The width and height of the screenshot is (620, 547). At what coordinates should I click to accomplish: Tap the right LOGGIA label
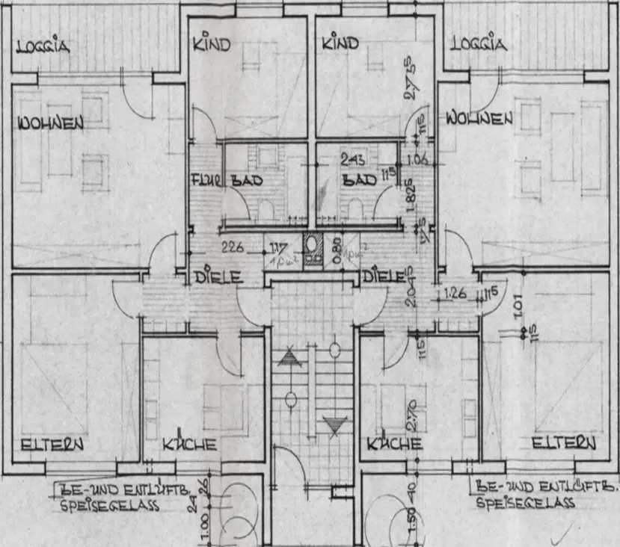click(479, 43)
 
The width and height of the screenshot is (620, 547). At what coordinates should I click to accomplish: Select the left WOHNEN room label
click(51, 123)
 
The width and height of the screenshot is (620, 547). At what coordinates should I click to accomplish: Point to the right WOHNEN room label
click(479, 118)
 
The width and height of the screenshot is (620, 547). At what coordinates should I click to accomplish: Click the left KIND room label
click(212, 44)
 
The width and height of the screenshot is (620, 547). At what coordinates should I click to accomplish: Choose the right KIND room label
click(340, 44)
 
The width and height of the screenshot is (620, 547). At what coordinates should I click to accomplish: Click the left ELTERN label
click(52, 445)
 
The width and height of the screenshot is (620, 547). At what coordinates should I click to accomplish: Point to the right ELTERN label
click(565, 443)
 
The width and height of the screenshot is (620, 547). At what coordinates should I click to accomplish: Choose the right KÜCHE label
click(395, 445)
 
